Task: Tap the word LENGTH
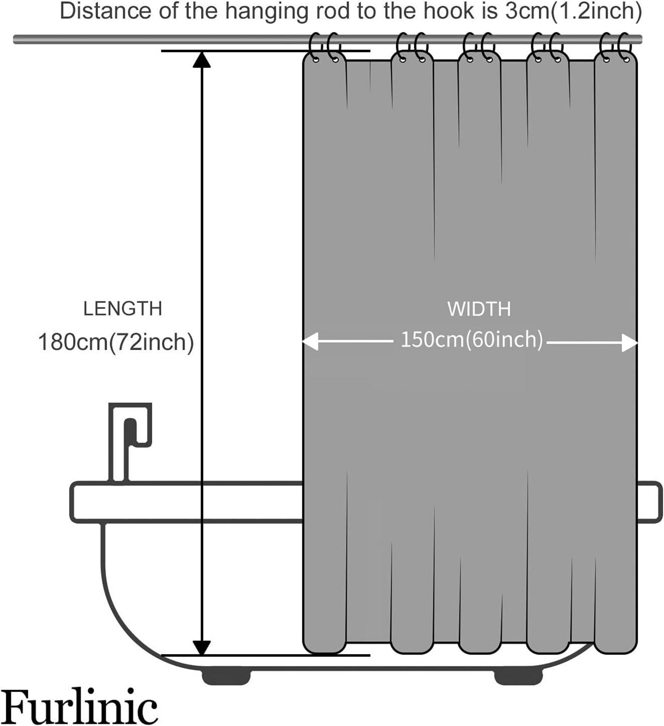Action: coord(123,309)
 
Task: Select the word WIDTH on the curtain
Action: coord(479,309)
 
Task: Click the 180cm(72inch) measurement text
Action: coord(116,342)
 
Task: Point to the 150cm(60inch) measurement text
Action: coord(471,340)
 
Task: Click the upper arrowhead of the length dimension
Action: coord(202,60)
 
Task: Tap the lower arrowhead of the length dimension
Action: coord(202,648)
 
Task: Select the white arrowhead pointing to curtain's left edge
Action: coord(310,342)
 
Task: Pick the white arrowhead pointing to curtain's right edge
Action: coord(629,342)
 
